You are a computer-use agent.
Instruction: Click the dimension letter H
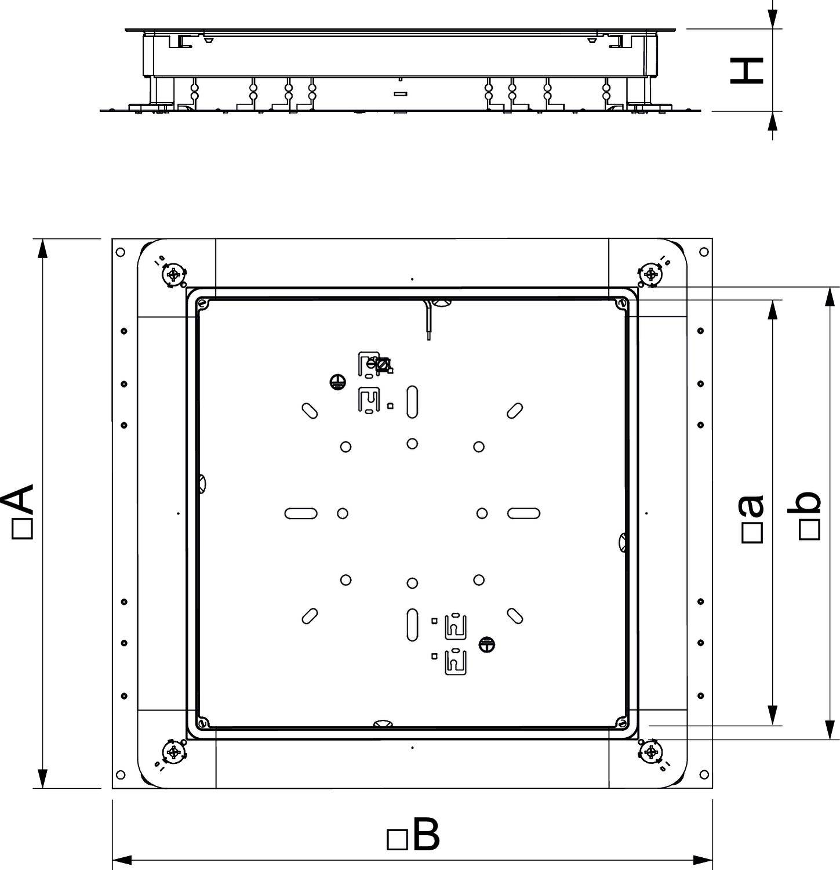click(x=746, y=70)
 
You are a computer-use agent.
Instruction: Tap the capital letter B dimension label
click(x=426, y=835)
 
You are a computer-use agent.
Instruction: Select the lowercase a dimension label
click(x=751, y=506)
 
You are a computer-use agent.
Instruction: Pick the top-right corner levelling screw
click(x=650, y=273)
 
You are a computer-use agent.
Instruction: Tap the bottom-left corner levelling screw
click(x=173, y=752)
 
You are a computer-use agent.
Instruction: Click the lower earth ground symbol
click(x=487, y=644)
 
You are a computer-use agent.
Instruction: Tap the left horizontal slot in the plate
click(x=301, y=513)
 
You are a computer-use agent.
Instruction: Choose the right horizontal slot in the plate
click(x=524, y=513)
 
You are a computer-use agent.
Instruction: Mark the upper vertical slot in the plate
click(x=412, y=401)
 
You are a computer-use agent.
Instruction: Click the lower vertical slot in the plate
click(x=412, y=625)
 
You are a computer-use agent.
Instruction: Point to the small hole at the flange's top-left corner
click(x=120, y=252)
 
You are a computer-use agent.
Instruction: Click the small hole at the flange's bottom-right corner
click(x=704, y=774)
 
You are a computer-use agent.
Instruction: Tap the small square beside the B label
click(x=397, y=840)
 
